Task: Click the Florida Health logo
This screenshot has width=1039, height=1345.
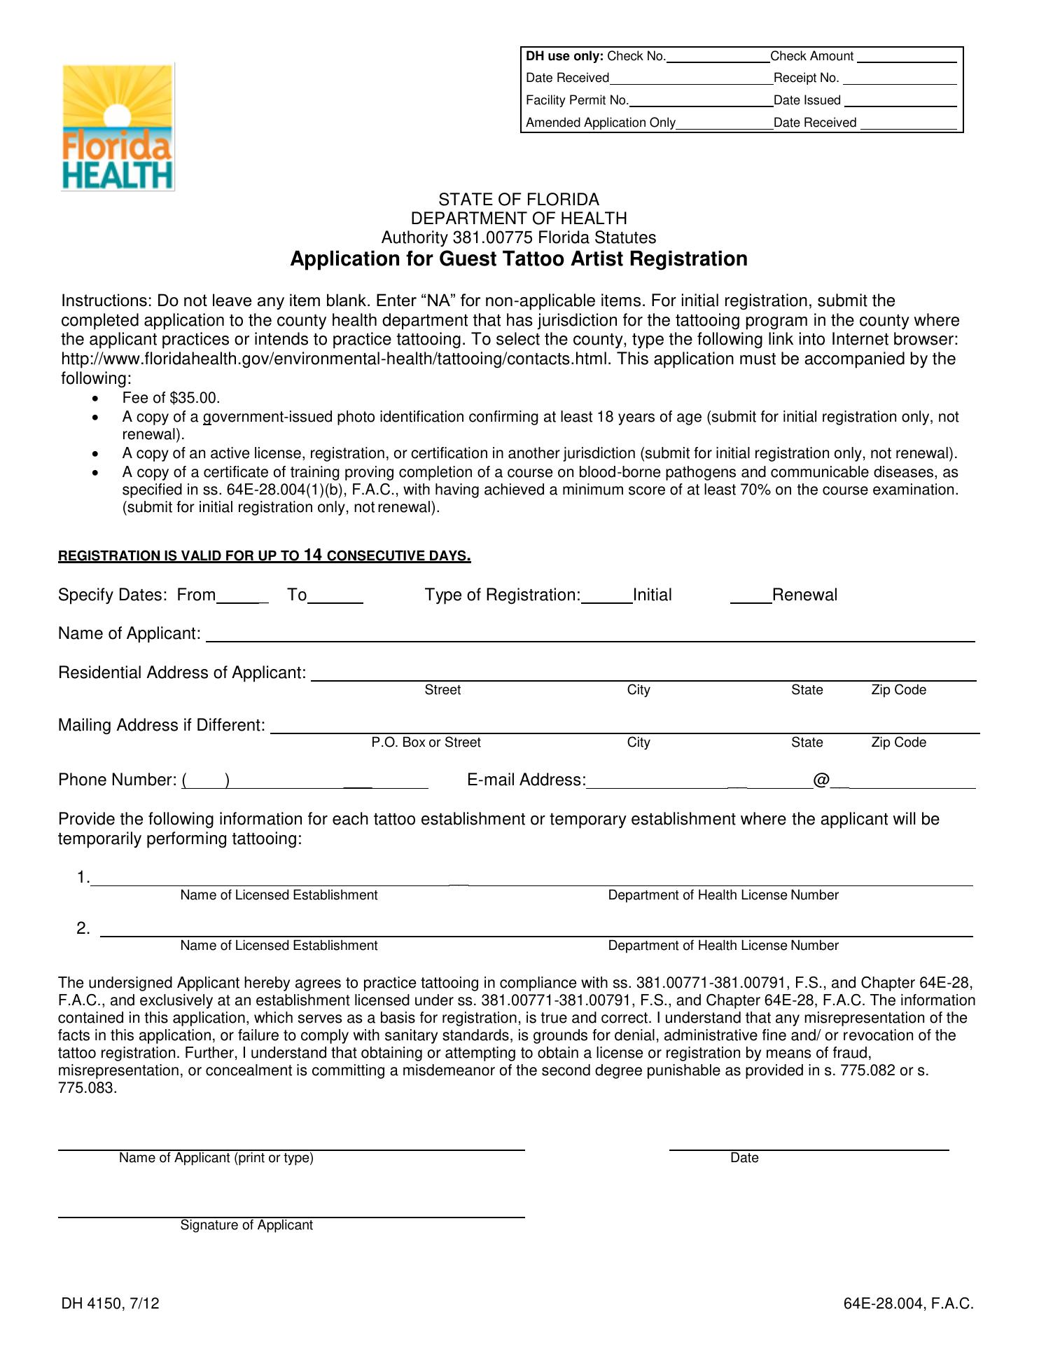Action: [118, 127]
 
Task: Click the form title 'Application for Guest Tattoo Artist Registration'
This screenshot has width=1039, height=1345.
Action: [519, 259]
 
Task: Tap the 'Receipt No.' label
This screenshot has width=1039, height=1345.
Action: [806, 78]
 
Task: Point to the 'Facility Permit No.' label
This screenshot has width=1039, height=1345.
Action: [577, 101]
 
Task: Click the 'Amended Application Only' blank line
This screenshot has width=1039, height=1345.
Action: [724, 125]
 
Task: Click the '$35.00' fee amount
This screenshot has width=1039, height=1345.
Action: [194, 399]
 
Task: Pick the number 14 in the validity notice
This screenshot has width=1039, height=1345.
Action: [313, 556]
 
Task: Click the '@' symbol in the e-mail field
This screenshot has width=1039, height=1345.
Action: [821, 780]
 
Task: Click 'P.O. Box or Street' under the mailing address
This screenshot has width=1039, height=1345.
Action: [426, 743]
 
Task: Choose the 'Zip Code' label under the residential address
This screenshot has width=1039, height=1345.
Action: [898, 690]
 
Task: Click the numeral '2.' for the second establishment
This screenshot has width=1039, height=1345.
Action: [83, 929]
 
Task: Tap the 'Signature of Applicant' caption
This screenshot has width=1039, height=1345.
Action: [246, 1225]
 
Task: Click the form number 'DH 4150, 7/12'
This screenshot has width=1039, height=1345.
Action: [110, 1304]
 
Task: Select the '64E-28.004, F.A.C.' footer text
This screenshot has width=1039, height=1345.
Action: [908, 1304]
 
